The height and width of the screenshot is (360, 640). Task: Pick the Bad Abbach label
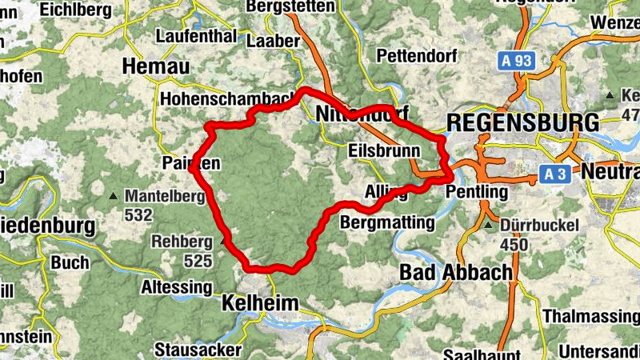455,272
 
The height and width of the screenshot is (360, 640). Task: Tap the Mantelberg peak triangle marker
114,195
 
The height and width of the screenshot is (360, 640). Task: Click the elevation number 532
138,214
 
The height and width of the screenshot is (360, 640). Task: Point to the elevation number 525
197,261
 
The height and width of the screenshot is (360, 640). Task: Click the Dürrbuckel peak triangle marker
490,226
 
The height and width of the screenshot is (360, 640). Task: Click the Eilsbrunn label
386,150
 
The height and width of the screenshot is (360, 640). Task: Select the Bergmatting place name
387,222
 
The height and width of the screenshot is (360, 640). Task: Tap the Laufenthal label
196,37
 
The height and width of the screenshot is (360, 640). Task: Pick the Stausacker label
197,350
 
